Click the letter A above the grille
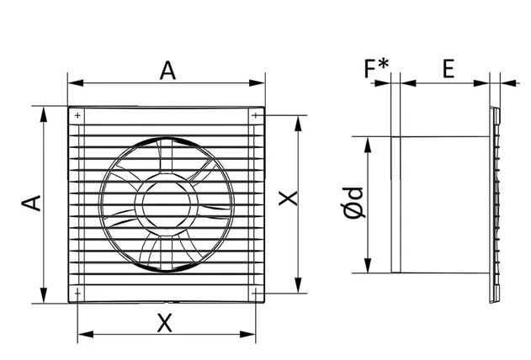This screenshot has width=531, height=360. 167,71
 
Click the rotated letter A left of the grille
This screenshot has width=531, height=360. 31,203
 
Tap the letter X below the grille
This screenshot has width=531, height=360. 165,323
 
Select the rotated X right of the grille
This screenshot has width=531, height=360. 288,199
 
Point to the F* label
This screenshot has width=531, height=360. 376,68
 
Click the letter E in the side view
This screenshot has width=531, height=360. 449,69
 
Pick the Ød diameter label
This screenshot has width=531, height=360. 354,203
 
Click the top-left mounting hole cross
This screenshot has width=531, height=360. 78,115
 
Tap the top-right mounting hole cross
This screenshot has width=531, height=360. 255,115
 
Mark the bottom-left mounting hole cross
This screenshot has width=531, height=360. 78,293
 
